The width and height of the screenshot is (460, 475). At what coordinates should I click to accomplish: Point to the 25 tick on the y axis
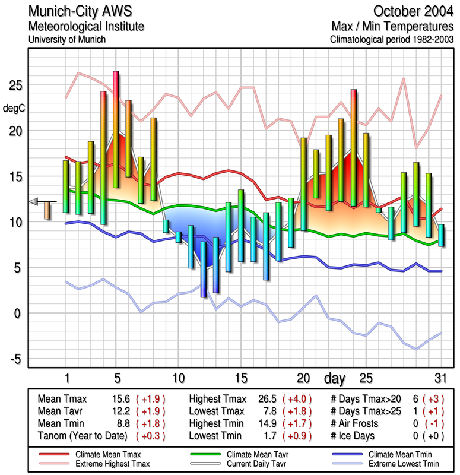click(x=15, y=85)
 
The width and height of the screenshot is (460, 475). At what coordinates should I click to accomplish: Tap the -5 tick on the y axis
click(x=15, y=359)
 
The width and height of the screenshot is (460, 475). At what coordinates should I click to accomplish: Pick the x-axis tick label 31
click(x=440, y=378)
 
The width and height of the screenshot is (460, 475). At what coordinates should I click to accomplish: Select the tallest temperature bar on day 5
click(x=116, y=129)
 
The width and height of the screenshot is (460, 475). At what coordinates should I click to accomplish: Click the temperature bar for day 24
click(x=354, y=148)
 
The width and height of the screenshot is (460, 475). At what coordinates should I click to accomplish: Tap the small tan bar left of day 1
click(x=47, y=210)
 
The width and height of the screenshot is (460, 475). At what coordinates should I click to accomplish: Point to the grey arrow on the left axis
click(x=34, y=201)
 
